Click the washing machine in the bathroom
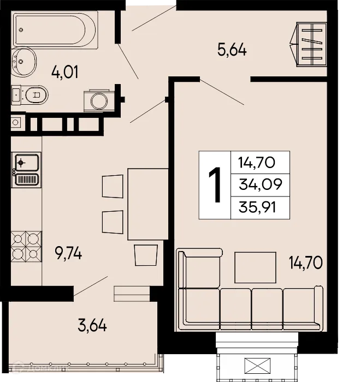pyautogui.click(x=99, y=100)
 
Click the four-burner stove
pyautogui.click(x=26, y=246)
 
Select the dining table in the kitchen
pyautogui.click(x=147, y=204)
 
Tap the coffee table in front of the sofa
pyautogui.click(x=256, y=267)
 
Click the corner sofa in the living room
pyautogui.click(x=251, y=306)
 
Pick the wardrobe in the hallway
pyautogui.click(x=311, y=43)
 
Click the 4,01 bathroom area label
pyautogui.click(x=64, y=71)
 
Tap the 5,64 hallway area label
pyautogui.click(x=232, y=50)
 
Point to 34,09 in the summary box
pyautogui.click(x=260, y=185)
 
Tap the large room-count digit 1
pyautogui.click(x=215, y=185)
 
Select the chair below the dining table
pyautogui.click(x=146, y=255)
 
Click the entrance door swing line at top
pyautogui.click(x=153, y=18)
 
